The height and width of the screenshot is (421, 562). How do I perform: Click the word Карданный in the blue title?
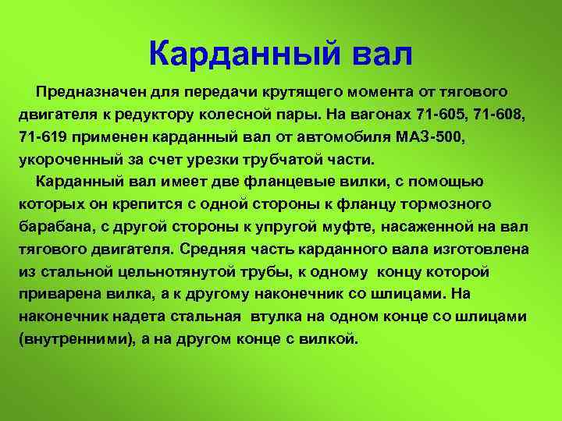244,54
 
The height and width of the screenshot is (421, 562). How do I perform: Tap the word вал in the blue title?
382,55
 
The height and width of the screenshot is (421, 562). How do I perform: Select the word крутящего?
302,93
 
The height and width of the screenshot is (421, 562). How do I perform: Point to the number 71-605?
442,115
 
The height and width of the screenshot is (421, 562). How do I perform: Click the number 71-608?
500,115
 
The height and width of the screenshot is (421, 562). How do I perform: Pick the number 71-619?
43,136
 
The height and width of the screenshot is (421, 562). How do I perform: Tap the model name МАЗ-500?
430,136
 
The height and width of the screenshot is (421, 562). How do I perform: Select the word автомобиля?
343,137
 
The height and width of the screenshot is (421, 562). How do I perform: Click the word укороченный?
70,160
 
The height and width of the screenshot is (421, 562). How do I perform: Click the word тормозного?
446,205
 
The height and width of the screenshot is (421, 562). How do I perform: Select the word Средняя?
212,249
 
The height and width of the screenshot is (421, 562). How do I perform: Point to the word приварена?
60,295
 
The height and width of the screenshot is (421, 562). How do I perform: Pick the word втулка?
276,317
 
